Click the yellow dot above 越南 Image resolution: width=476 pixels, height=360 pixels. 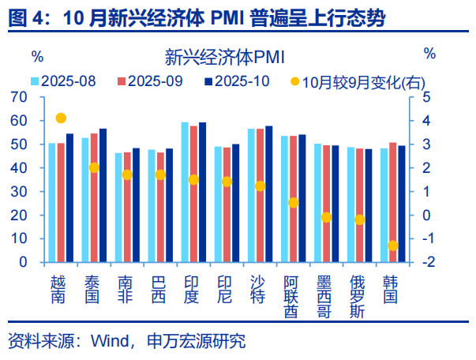point(61,118)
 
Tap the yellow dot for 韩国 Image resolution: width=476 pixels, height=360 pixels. point(392,246)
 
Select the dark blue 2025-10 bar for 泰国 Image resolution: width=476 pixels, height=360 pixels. point(103,195)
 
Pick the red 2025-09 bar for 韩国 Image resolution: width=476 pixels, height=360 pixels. point(393,202)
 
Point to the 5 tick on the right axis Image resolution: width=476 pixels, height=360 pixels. point(426,97)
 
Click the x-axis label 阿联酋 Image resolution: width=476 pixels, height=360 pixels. point(293,296)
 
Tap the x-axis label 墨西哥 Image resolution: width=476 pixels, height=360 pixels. point(326,296)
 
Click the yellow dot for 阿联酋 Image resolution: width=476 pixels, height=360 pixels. point(293,203)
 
